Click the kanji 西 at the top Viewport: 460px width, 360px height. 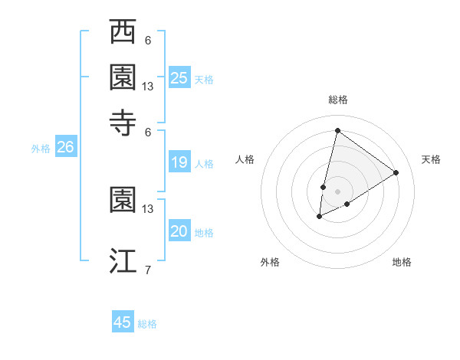pos(123,33)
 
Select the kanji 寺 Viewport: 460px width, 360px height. pos(123,121)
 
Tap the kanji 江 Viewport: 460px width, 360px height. pos(123,260)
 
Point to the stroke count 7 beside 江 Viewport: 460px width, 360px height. pos(148,270)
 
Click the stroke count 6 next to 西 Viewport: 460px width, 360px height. pos(148,40)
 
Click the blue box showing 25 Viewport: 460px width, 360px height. pos(179,77)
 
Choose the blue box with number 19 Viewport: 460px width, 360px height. pos(179,162)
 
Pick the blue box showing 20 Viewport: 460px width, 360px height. pos(179,232)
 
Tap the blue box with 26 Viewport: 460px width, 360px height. pos(65,148)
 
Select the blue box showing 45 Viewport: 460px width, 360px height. pos(123,322)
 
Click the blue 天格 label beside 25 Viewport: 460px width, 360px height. pos(204,79)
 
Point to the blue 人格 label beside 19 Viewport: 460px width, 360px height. pos(204,163)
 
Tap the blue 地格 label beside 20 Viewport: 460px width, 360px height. pos(204,233)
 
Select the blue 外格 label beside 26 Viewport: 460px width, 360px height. pos(41,149)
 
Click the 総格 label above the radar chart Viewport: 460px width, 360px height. pos(337,100)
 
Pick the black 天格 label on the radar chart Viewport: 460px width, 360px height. pos(431,159)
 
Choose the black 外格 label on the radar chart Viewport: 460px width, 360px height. pos(270,262)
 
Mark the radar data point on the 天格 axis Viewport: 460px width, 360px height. pos(396,173)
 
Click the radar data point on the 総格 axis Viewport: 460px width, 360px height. pos(337,130)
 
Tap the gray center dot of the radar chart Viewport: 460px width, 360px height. pos(337,191)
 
